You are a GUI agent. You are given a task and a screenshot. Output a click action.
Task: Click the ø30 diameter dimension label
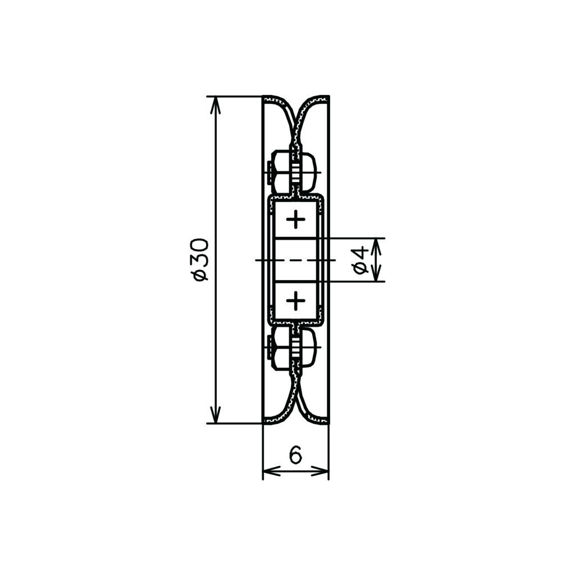tap(202, 260)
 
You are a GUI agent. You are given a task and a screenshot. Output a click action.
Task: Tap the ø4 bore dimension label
tap(361, 260)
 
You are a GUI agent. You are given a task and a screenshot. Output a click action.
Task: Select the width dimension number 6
tap(295, 455)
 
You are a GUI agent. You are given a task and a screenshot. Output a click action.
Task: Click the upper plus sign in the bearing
tap(295, 220)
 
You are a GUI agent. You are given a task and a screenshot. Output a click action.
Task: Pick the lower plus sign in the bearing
tap(295, 301)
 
